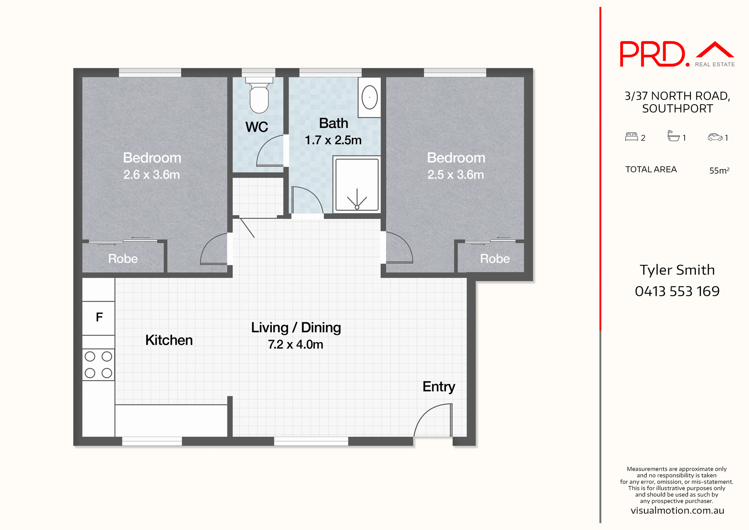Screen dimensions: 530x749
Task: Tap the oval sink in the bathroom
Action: click(369, 97)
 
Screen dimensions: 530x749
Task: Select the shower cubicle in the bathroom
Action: click(357, 184)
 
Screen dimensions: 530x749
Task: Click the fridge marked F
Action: click(99, 318)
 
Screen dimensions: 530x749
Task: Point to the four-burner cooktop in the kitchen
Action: click(98, 364)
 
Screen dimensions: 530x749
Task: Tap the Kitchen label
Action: click(169, 340)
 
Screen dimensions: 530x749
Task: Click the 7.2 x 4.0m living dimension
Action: click(295, 344)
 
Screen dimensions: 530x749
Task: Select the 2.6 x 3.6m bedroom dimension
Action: click(151, 175)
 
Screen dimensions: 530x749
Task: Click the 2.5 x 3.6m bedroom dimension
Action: click(455, 175)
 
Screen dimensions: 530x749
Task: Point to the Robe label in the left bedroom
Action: click(123, 259)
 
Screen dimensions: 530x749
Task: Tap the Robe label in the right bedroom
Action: click(495, 259)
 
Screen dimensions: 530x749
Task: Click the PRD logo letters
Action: click(652, 54)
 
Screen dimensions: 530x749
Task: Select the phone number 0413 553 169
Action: click(677, 291)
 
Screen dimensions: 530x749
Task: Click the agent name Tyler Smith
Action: click(677, 270)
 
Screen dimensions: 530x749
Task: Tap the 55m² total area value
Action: click(719, 170)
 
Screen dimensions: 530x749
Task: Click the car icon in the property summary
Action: click(715, 137)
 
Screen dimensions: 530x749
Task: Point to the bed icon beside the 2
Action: click(631, 137)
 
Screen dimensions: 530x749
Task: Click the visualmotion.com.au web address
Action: click(677, 510)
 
